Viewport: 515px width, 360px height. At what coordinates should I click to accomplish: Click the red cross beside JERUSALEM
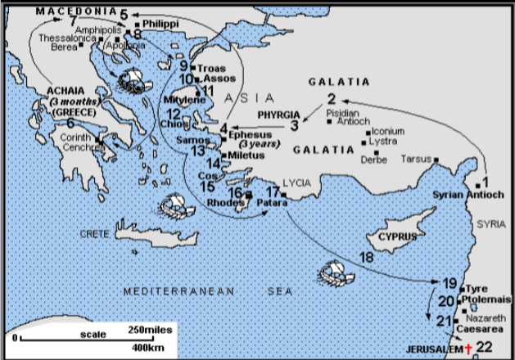pos(468,350)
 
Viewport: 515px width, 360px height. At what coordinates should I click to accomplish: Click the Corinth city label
pos(75,137)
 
